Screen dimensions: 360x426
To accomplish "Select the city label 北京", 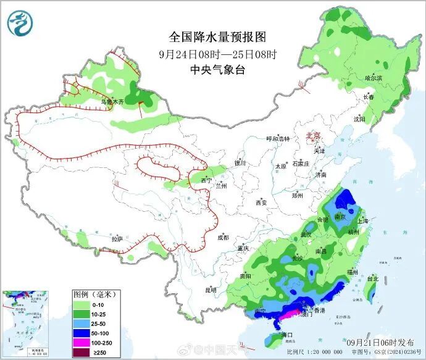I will pyautogui.click(x=314, y=136).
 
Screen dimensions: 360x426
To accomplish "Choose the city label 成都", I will pyautogui.click(x=222, y=237).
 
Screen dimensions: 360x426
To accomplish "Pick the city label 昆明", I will pyautogui.click(x=211, y=289).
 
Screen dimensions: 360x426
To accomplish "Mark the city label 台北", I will pyautogui.click(x=372, y=278).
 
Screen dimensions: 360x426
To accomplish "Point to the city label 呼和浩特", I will pyautogui.click(x=277, y=139).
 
